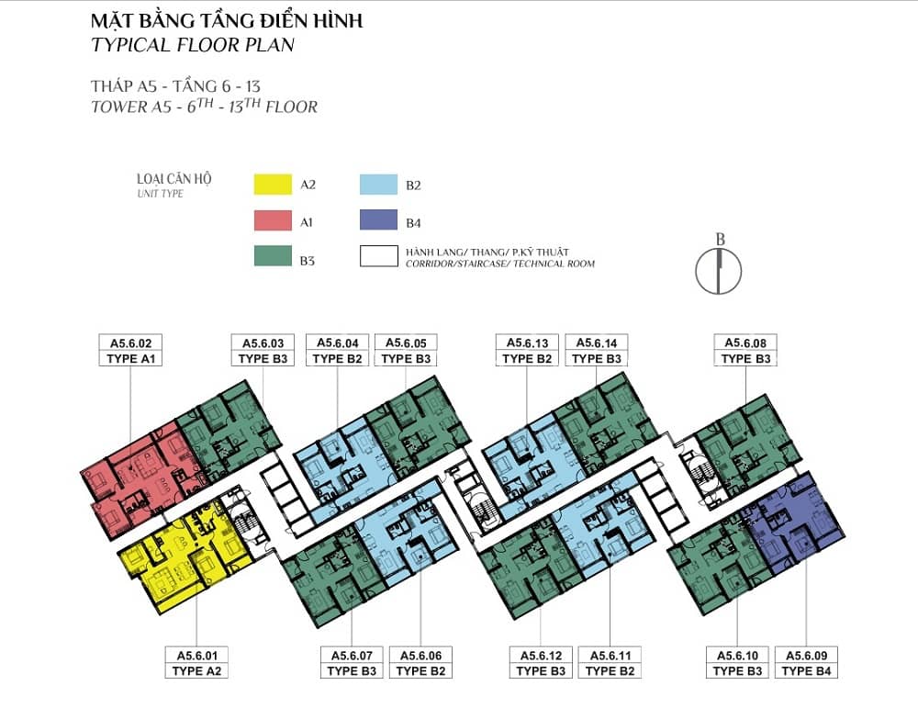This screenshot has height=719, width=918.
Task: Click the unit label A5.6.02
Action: [130, 343]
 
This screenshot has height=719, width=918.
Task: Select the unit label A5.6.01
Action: [196, 655]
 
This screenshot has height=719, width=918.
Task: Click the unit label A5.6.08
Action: [745, 343]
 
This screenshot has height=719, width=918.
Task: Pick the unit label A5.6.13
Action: [527, 343]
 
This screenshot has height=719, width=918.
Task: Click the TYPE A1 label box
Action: [130, 359]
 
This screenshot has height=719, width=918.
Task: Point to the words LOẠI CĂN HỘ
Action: [174, 179]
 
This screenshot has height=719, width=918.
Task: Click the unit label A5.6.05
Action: [406, 343]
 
